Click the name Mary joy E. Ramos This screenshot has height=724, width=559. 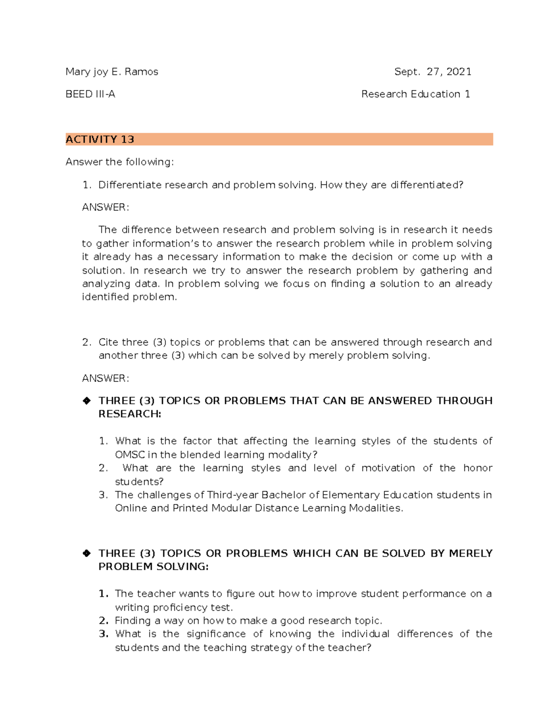[112, 72]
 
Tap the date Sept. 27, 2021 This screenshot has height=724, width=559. [432, 72]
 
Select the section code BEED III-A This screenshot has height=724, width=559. [90, 94]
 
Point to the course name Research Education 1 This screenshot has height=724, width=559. [415, 94]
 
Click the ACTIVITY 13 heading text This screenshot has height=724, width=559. [100, 139]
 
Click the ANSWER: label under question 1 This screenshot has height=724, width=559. [105, 207]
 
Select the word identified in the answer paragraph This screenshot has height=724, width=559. [106, 297]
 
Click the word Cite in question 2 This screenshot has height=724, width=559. [108, 342]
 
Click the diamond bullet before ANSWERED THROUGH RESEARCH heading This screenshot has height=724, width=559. [87, 401]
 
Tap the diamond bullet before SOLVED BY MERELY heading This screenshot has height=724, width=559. [87, 553]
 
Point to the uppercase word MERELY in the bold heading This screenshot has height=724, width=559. [470, 553]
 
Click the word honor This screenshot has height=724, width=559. [477, 468]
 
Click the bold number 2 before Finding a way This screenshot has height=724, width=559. [103, 621]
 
